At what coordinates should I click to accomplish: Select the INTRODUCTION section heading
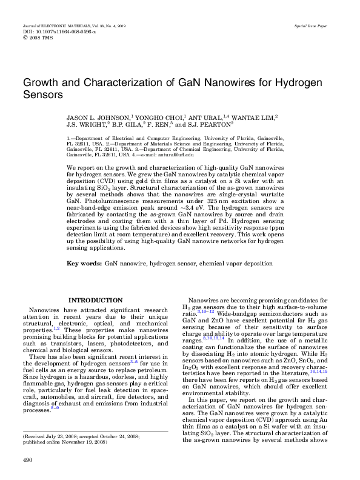tap(96, 300)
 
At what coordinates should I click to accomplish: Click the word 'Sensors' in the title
tap(42, 95)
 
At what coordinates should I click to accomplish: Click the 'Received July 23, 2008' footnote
tap(61, 419)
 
